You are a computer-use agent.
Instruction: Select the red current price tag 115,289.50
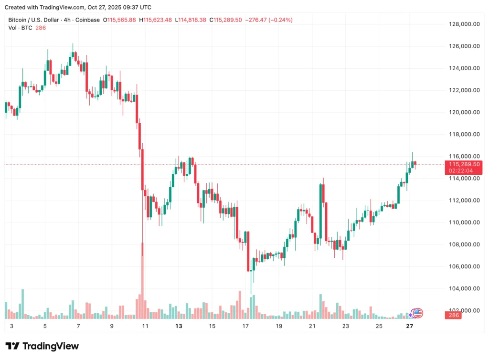[463, 164]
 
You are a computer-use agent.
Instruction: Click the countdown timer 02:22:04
[463, 170]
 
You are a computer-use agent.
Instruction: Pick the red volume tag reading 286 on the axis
[453, 315]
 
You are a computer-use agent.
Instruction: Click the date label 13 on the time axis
[179, 326]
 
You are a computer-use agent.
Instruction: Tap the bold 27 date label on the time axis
[409, 326]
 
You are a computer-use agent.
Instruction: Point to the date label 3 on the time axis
[11, 326]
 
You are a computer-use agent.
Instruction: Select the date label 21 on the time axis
[312, 326]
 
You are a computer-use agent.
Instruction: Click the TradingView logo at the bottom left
[42, 346]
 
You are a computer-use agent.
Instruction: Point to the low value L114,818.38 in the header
[191, 20]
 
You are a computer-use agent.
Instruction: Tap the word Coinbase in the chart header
[88, 20]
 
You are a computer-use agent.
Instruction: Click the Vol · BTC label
[20, 28]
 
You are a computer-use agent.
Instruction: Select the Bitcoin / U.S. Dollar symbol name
[33, 20]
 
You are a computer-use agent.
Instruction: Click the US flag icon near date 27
[418, 313]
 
